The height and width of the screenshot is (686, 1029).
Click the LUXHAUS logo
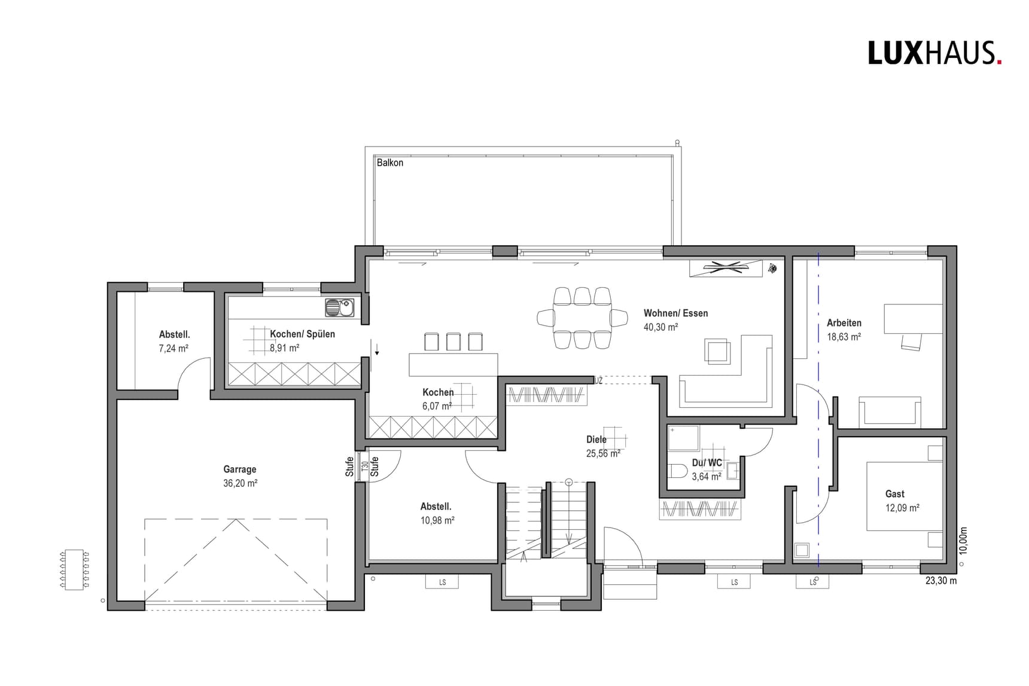[934, 53]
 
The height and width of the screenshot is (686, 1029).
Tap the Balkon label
[390, 163]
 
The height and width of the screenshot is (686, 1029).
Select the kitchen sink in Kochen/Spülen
[339, 307]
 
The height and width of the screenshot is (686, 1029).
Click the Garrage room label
[240, 469]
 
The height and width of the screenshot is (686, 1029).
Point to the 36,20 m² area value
[240, 483]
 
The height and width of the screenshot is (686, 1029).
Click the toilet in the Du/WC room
[678, 471]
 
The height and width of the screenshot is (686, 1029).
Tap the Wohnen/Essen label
[675, 313]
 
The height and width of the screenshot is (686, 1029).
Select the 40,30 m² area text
[660, 327]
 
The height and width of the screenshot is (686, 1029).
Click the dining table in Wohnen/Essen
[582, 317]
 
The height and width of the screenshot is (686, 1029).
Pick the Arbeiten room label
[844, 323]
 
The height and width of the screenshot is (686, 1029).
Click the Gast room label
[895, 494]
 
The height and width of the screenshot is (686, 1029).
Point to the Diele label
[596, 440]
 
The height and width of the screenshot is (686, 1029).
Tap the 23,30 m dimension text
[941, 581]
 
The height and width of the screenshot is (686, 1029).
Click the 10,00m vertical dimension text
[963, 541]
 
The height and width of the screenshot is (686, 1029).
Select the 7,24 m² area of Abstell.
[173, 348]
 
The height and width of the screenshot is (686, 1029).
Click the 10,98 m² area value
[437, 521]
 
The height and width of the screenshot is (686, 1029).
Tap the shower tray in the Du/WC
[683, 438]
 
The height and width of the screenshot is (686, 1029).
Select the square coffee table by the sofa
[717, 351]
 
